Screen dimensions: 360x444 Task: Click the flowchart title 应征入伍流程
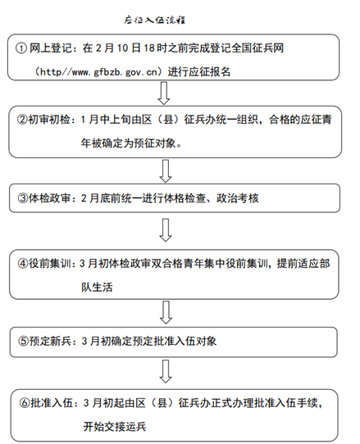(x=154, y=20)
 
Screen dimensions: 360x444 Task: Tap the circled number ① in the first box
(x=21, y=48)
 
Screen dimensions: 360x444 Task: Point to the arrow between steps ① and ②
(x=164, y=93)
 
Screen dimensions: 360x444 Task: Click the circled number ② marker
(x=22, y=120)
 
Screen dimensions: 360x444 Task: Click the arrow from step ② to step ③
(x=166, y=171)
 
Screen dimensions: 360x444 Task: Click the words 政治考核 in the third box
(x=238, y=198)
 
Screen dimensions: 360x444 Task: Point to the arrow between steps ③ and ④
(x=166, y=230)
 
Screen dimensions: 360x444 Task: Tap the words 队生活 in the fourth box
(x=97, y=288)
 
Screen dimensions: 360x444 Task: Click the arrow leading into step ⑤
(x=166, y=312)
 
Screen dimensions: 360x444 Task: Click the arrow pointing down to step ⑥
(x=166, y=371)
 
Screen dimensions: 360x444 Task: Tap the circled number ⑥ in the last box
(x=25, y=403)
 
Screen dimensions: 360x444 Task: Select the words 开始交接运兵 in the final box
(x=115, y=427)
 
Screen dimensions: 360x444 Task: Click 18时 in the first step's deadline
(x=155, y=48)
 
